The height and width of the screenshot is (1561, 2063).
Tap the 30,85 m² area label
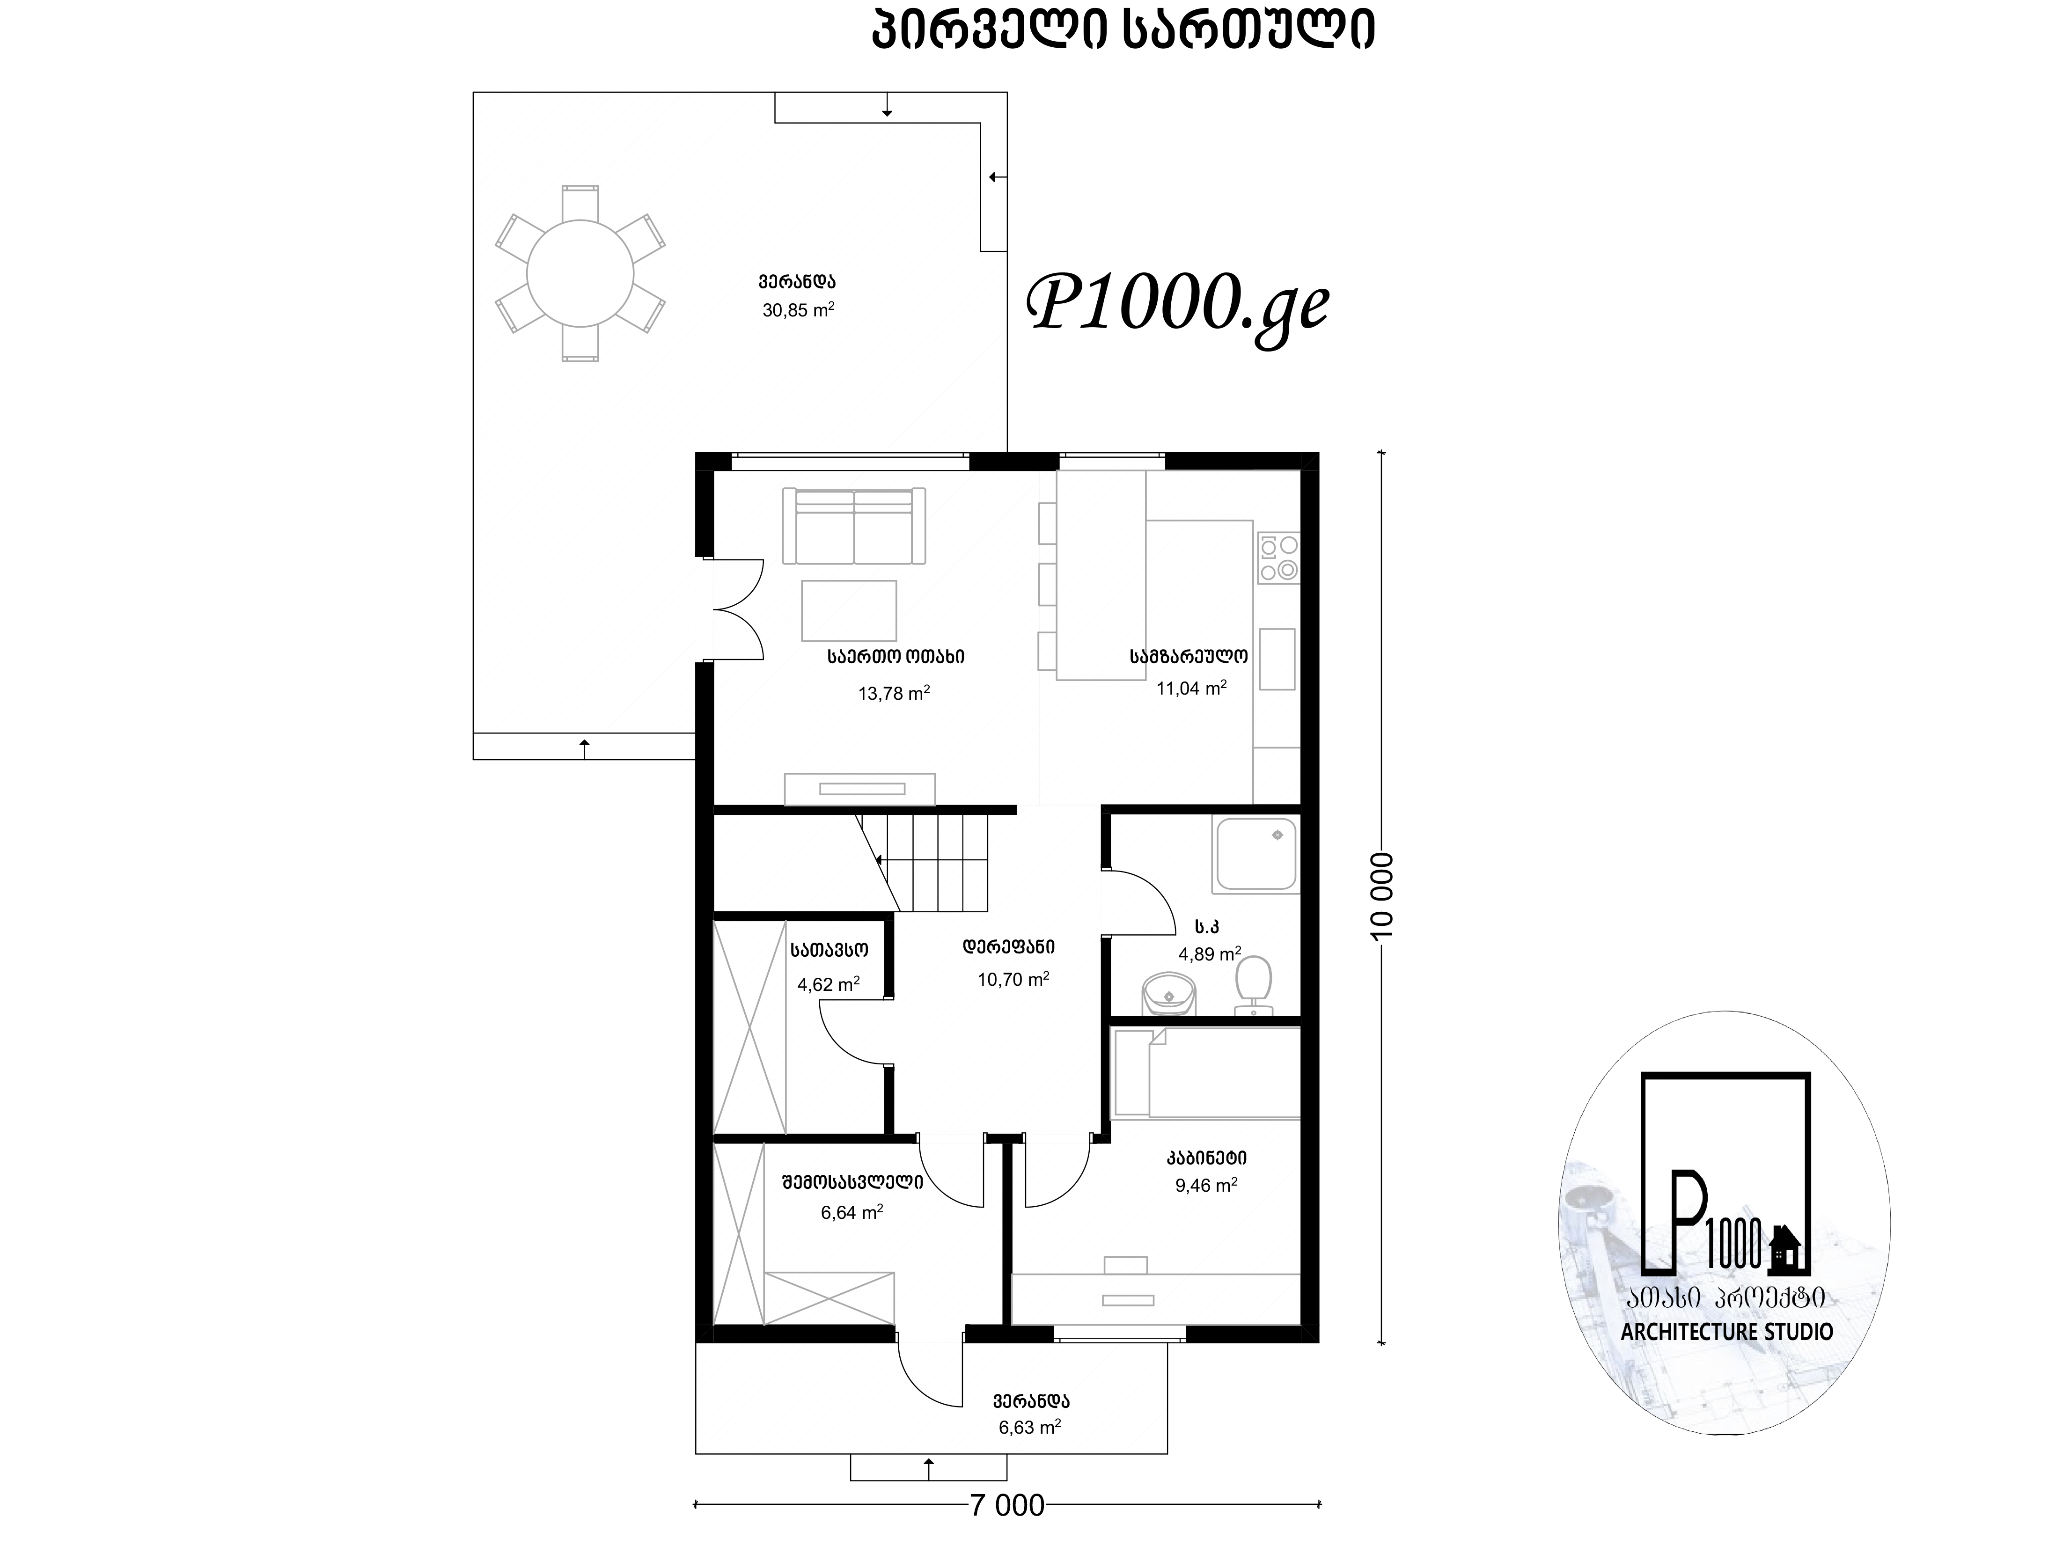pos(798,309)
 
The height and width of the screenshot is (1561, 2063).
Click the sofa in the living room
pos(854,526)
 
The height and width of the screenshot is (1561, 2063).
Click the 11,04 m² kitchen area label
pos(1191,688)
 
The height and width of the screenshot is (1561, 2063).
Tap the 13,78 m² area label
pos(894,693)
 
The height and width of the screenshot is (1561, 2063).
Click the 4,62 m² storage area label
pos(828,984)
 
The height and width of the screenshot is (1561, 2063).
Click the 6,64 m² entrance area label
pos(852,1212)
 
